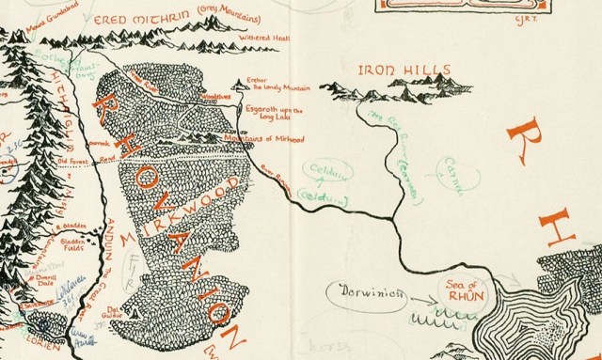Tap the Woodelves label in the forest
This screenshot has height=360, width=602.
pyautogui.click(x=215, y=96)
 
